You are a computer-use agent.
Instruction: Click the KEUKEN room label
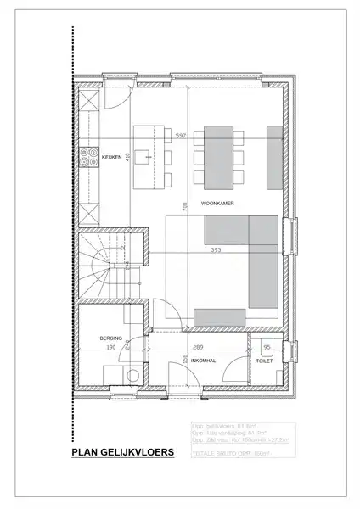(x=111, y=158)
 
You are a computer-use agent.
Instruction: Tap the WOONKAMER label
(x=218, y=204)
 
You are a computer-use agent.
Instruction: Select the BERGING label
(x=110, y=338)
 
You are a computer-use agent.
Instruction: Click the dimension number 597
(x=180, y=136)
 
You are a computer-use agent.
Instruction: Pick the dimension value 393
(x=216, y=250)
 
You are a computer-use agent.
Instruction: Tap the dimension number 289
(x=197, y=348)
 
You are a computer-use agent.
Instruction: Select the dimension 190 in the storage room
(x=110, y=348)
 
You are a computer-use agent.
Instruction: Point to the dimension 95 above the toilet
(x=267, y=348)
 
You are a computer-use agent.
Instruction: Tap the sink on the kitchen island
(x=147, y=157)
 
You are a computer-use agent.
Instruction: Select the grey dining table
(x=218, y=157)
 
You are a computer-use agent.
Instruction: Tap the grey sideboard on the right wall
(x=274, y=157)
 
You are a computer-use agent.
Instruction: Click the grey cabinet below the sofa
(x=220, y=316)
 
